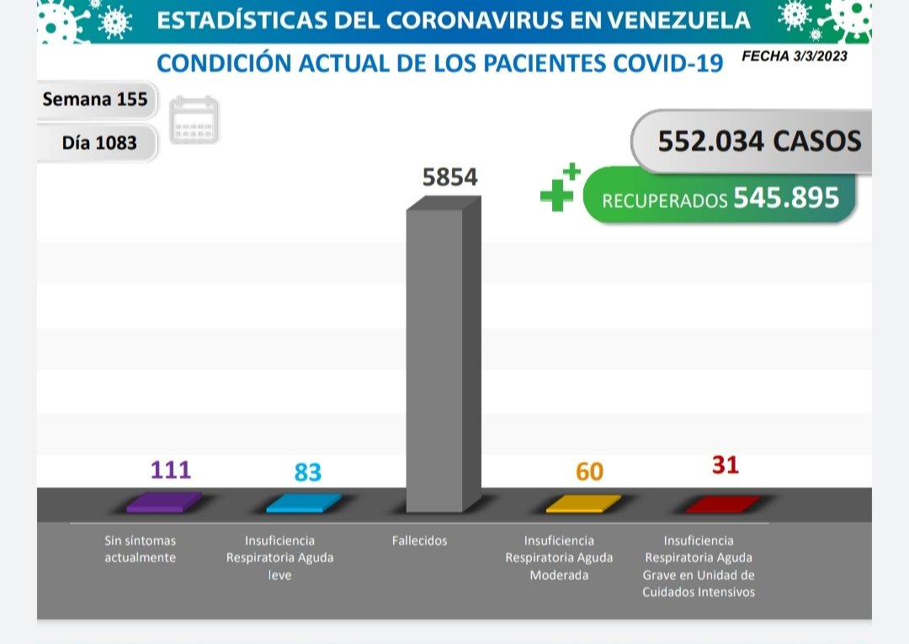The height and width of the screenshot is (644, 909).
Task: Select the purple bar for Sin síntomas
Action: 163,503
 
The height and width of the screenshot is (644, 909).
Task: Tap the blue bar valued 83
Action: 303,503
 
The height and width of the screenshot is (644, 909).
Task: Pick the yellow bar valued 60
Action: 582,504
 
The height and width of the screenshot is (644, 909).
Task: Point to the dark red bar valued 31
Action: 721,504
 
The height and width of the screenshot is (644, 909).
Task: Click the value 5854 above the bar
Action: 449,178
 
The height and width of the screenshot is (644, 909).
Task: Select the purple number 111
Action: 171,469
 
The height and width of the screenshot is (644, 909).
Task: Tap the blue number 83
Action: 308,472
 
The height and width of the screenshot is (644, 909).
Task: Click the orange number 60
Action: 589,471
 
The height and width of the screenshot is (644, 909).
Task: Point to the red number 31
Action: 725,464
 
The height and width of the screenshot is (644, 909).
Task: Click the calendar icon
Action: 194,120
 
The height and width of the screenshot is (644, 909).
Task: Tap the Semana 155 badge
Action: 95,99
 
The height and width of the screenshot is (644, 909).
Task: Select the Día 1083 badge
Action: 99,142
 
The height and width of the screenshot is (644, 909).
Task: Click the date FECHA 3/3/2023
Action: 795,56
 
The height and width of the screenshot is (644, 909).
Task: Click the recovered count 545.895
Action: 786,198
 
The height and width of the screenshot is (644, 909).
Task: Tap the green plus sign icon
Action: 559,189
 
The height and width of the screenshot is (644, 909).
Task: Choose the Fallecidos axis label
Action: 419,540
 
